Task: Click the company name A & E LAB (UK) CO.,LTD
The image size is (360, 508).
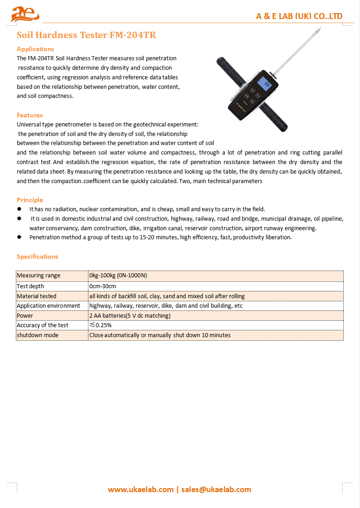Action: point(299,16)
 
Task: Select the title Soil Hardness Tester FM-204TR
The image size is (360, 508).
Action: point(86,35)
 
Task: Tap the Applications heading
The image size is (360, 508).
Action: point(35,49)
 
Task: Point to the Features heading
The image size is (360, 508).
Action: point(30,115)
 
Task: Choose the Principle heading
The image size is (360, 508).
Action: point(30,200)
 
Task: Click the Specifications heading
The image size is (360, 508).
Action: point(38,256)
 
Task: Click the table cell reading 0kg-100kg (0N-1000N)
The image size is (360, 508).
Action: point(118,276)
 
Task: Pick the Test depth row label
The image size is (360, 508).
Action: point(30,286)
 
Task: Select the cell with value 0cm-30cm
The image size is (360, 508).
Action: point(103,286)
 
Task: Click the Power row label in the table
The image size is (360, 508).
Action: point(25,315)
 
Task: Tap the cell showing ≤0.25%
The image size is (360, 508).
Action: point(101,325)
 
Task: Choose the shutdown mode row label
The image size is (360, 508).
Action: point(38,335)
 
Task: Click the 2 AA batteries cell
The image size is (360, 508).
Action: point(130,315)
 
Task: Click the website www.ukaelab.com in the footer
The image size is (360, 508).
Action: point(141,489)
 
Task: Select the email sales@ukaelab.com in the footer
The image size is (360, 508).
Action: point(216,489)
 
